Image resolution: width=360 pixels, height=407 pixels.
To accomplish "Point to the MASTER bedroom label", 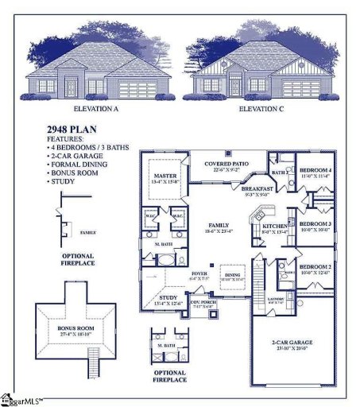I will tap(165, 176).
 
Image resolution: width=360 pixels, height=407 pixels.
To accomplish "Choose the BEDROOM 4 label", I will tap(316, 172).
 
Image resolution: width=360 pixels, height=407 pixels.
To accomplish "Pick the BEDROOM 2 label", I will tap(316, 266).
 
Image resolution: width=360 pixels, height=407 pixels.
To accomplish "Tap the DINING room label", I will tap(233, 275).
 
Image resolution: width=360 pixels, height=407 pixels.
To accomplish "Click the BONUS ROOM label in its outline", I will tap(75, 327).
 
